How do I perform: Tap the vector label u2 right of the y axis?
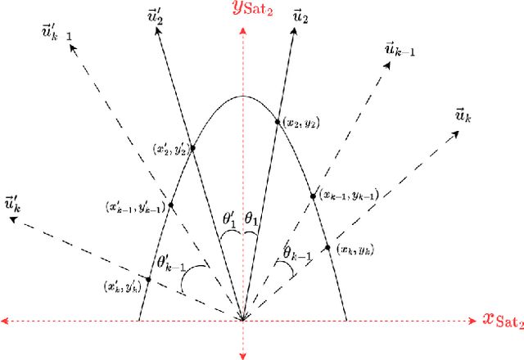(x=300, y=16)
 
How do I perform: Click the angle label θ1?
(x=253, y=221)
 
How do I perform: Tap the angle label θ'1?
(x=232, y=220)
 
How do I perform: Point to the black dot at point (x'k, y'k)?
(x=148, y=280)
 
